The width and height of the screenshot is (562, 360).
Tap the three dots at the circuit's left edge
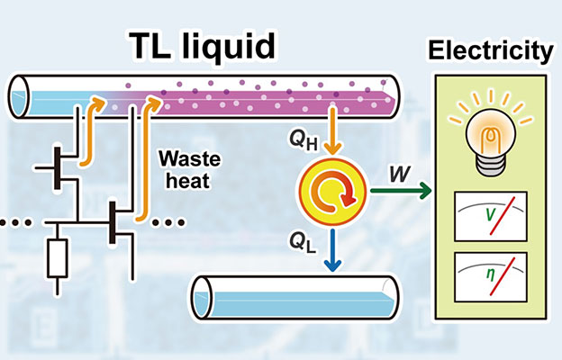coord(11,221)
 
